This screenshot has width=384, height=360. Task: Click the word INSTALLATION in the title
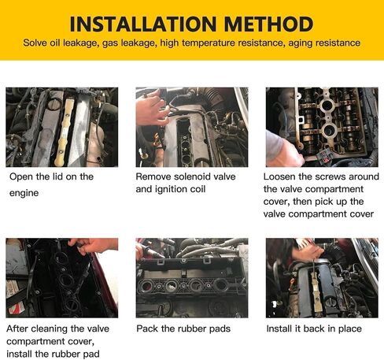click(143, 24)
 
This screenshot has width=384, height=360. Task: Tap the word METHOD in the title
click(268, 24)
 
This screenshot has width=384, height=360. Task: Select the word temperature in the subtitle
click(209, 43)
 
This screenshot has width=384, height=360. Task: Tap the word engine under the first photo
click(24, 193)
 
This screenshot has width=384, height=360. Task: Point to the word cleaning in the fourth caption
click(50, 328)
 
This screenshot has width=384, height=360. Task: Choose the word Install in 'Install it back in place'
click(279, 328)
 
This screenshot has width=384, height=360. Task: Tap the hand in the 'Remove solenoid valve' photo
click(152, 109)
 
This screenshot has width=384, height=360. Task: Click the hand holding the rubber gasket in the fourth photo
click(94, 246)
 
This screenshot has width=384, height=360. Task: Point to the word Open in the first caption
click(21, 177)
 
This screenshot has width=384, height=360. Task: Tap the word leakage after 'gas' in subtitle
click(138, 43)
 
